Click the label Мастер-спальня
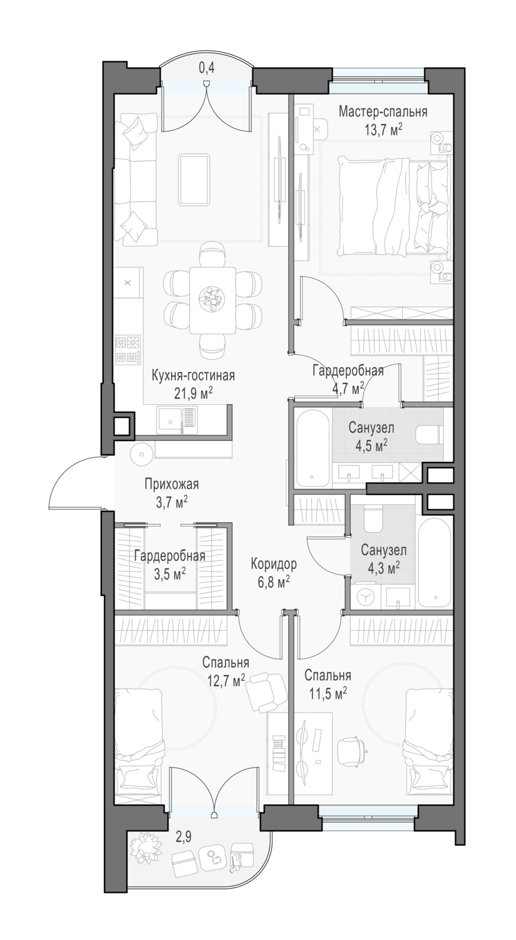383,112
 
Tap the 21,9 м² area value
194,392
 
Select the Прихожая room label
172,484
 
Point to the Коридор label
274,564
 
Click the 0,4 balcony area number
207,67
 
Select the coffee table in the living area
195,180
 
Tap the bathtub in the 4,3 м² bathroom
435,564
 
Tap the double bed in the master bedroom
394,205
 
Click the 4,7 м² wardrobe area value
348,389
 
